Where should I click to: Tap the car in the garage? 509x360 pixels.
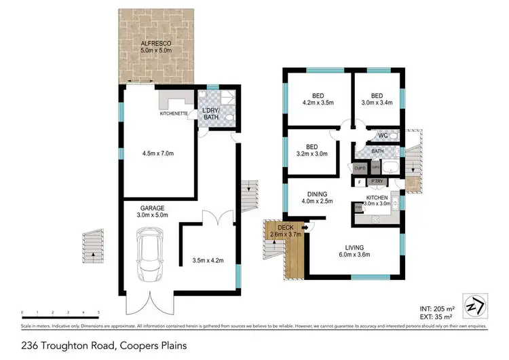click(150, 255)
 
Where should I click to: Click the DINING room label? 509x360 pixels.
click(317, 192)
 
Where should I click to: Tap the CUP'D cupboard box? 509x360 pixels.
click(360, 168)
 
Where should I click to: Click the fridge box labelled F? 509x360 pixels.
click(358, 181)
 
